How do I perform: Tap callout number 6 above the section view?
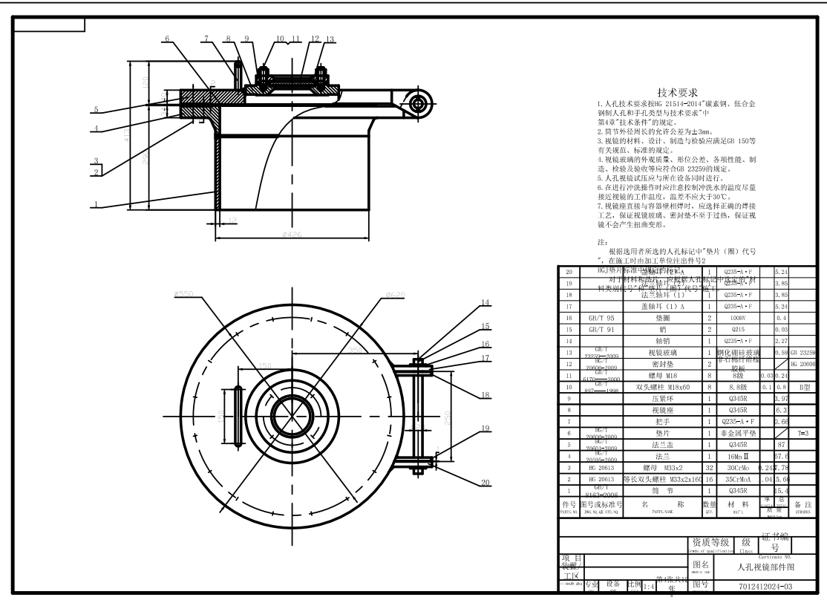coord(167,39)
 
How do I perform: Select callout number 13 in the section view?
coord(330,39)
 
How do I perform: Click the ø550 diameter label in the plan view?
coord(183,295)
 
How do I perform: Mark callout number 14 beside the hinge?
coord(485,303)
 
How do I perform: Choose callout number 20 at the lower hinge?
coord(485,482)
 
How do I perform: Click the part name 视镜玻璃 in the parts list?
coord(665,352)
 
